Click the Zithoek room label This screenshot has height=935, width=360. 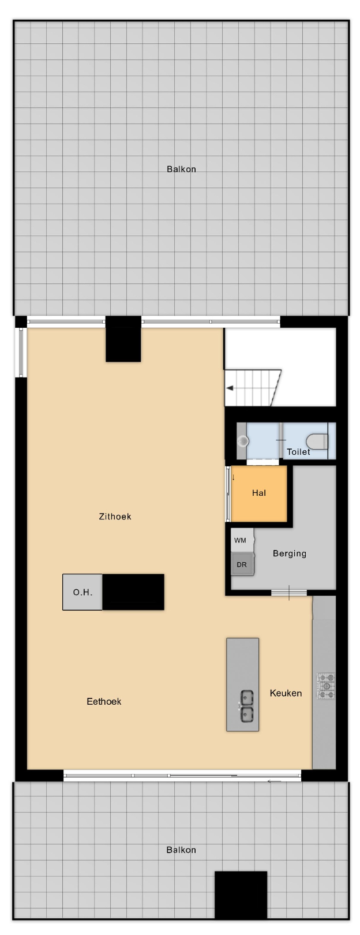point(115,517)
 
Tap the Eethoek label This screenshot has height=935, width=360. point(104,701)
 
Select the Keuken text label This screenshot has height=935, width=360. point(286,693)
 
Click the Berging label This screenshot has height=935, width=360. point(290,553)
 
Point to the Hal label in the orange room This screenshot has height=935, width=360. point(258,493)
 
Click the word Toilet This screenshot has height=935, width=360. point(298,452)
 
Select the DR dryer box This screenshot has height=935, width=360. point(242,564)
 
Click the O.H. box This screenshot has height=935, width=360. point(82,592)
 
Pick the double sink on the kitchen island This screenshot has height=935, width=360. point(246,705)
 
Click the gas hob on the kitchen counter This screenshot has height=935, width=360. point(325,686)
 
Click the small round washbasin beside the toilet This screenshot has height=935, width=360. point(243,441)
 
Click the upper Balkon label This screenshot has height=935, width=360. point(182,169)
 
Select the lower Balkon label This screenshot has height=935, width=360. point(181,850)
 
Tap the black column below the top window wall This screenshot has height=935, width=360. point(123,339)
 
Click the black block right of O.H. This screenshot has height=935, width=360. point(133,592)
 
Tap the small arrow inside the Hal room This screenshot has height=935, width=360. point(234,477)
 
